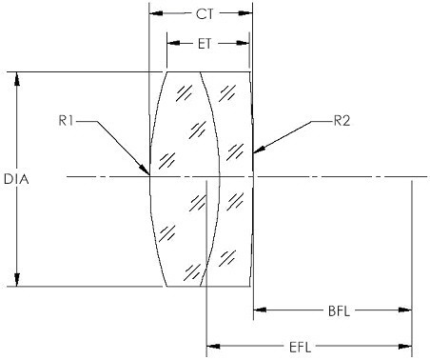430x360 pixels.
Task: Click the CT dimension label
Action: point(205,14)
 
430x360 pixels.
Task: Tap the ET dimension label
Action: point(205,44)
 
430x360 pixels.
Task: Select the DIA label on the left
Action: point(16,179)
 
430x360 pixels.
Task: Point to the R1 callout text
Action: point(66,121)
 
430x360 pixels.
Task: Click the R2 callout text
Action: point(342,121)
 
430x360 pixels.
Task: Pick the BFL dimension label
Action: point(339,311)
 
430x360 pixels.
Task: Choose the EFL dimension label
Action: point(300,348)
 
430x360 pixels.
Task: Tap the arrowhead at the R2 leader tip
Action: point(259,150)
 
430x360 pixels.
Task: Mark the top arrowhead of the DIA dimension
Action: point(17,79)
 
